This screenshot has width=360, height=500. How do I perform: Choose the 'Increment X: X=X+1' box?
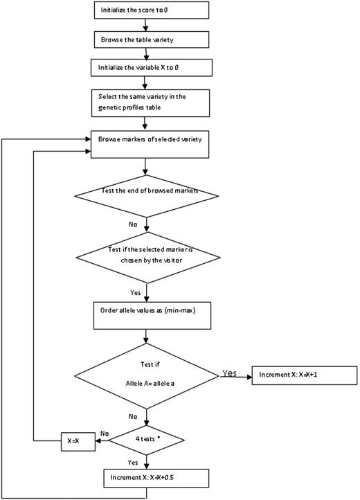point(305,374)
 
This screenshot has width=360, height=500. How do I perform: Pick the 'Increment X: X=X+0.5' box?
point(147,477)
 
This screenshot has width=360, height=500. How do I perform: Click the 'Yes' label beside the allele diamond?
point(228,372)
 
